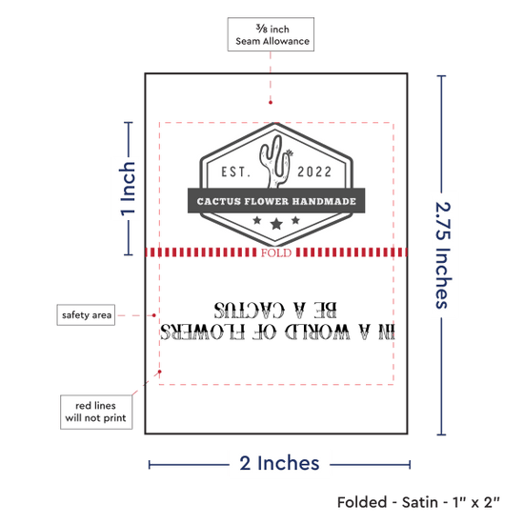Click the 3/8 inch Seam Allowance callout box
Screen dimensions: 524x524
pos(271,34)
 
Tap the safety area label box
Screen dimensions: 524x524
pos(86,314)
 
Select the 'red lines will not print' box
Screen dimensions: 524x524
pos(96,412)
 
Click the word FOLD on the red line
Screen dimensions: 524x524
pos(276,252)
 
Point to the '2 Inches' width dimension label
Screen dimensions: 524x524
pos(279,464)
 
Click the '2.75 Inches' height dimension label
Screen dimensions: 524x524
pos(443,255)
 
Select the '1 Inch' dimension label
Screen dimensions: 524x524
pos(128,189)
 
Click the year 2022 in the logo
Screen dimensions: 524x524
pos(314,171)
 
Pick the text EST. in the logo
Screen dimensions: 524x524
pos(235,171)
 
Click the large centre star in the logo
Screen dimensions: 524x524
pos(276,224)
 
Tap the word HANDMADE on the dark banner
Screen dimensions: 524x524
pos(324,201)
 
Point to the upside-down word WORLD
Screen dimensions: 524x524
pos(317,332)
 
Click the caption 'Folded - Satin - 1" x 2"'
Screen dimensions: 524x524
pos(418,502)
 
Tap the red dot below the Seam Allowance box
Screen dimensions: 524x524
pos(271,102)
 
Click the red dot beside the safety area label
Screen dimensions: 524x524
pos(154,315)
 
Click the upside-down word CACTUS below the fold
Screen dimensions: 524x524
pos(250,310)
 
